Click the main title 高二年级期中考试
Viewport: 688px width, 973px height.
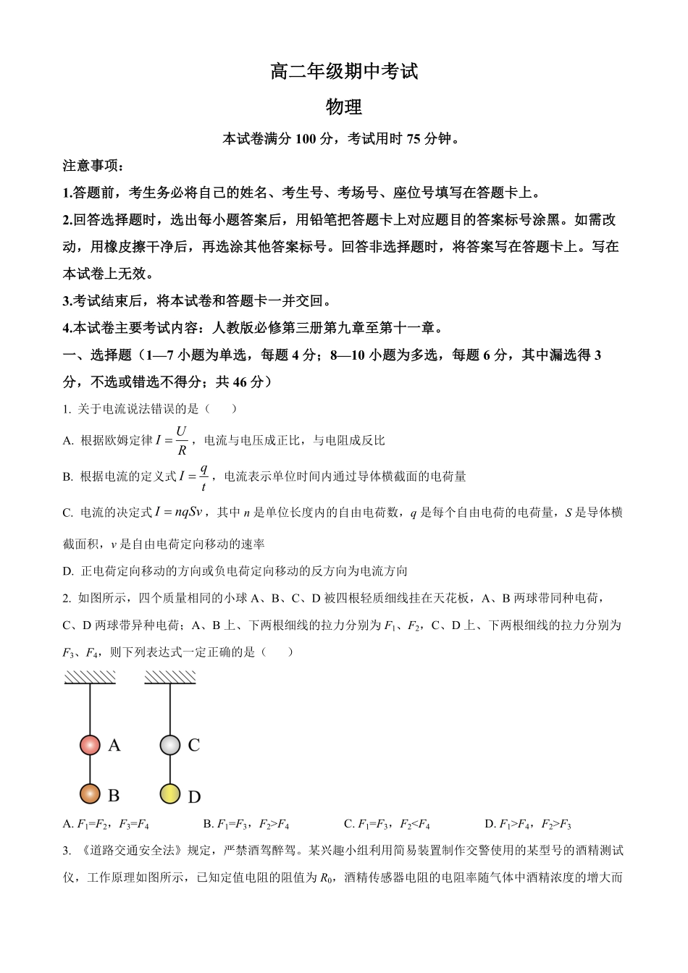pos(344,72)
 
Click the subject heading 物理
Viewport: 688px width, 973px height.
pos(344,107)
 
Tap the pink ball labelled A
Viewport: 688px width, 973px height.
pos(90,745)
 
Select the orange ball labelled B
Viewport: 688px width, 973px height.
pos(90,793)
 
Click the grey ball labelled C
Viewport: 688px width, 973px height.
pos(170,745)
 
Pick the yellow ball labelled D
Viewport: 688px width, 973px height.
pos(170,793)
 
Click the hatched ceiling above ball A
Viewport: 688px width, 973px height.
pos(90,677)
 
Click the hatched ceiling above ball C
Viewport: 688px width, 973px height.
pos(170,677)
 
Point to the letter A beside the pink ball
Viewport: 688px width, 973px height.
pos(114,745)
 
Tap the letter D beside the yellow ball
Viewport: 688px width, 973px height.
pos(194,797)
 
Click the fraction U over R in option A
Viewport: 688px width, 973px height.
pos(181,440)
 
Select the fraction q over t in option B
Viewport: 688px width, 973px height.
pos(204,476)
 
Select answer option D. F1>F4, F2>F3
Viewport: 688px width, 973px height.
pos(528,824)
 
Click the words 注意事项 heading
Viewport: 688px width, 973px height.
pos(93,166)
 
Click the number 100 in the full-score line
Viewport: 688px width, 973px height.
pos(306,139)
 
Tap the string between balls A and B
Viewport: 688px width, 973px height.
pos(90,770)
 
